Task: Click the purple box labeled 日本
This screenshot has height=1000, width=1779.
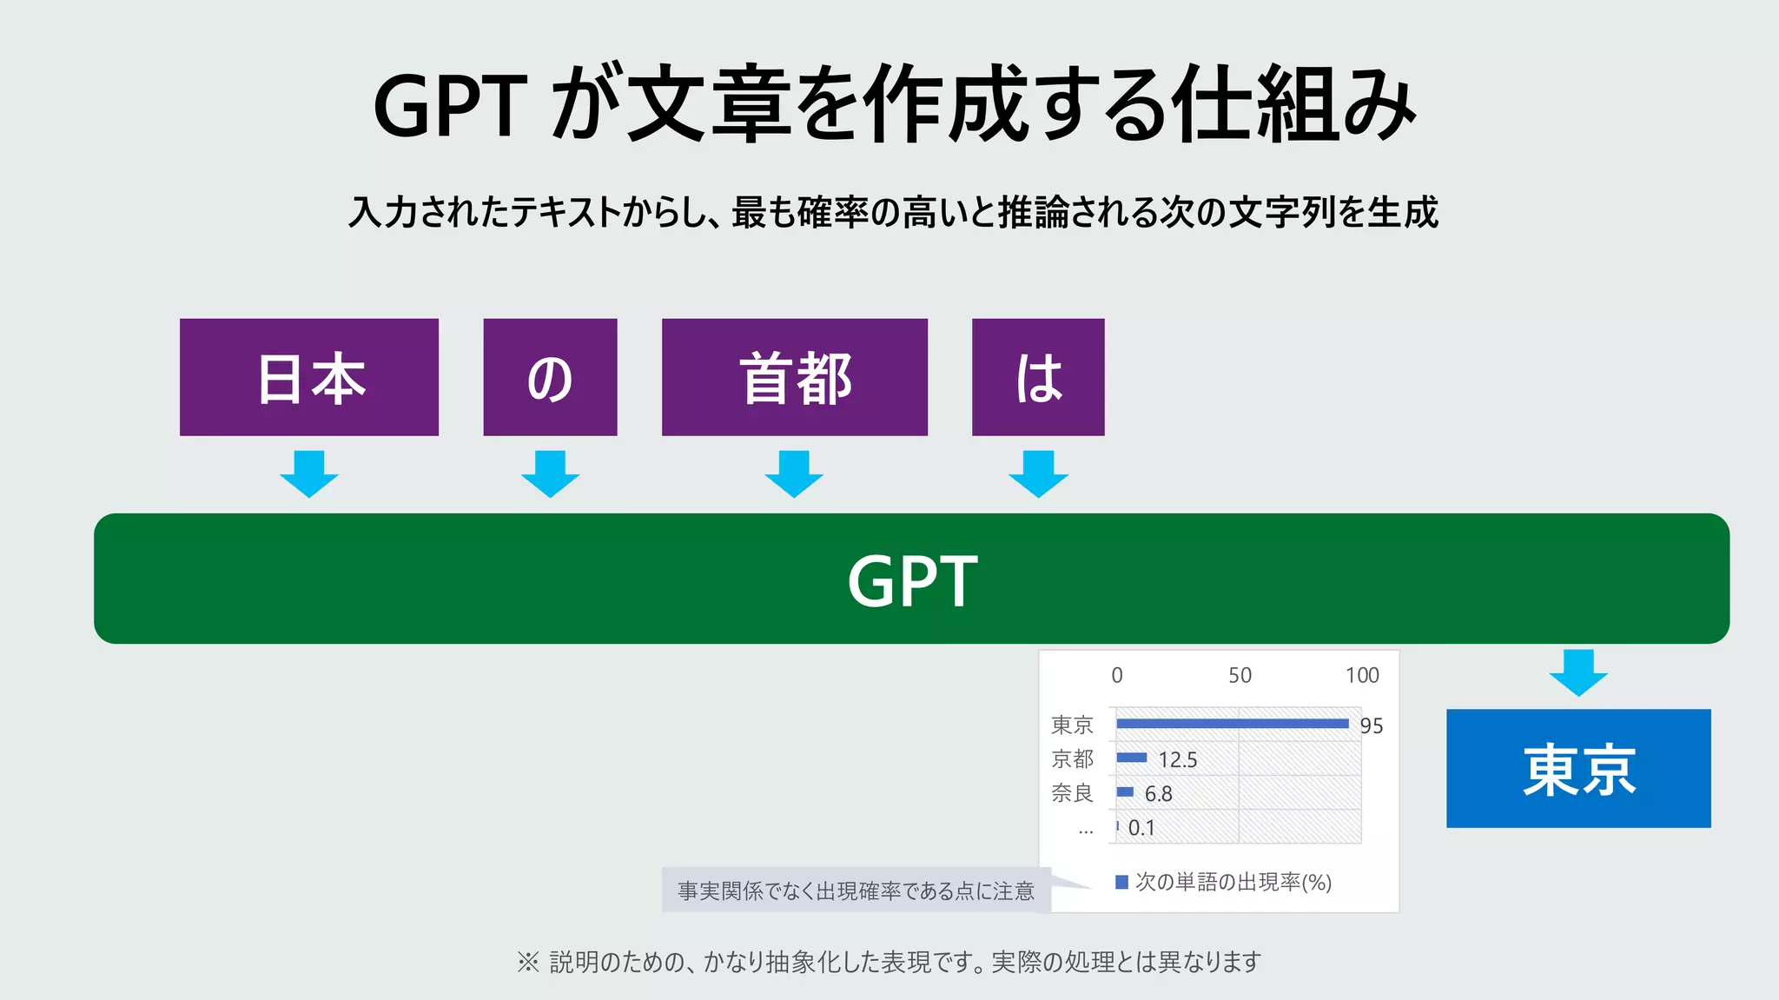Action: coord(309,377)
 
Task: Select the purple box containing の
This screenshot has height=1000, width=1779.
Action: coord(550,377)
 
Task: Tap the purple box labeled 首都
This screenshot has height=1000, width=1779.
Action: coord(794,377)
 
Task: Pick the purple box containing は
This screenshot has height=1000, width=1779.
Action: coord(1038,377)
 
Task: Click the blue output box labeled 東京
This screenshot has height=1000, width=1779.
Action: coord(1578,768)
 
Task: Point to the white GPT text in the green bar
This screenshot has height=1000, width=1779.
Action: coord(912,580)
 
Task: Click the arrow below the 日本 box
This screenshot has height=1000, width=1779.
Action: coord(309,474)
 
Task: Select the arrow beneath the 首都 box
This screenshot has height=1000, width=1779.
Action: coord(794,474)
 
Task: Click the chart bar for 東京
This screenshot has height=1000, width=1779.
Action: coord(1232,724)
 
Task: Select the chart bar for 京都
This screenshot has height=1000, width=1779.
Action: coord(1131,758)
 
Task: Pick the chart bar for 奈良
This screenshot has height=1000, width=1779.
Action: coord(1125,791)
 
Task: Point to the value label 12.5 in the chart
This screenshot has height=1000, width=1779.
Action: coord(1178,760)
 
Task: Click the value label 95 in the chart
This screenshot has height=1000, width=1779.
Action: coord(1372,725)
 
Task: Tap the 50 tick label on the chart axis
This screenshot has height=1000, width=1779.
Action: coord(1240,675)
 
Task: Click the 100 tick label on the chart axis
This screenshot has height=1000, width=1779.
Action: coord(1362,675)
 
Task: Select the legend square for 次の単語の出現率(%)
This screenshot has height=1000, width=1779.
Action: coord(1121,883)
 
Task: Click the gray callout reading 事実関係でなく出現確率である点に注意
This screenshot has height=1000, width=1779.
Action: coord(856,891)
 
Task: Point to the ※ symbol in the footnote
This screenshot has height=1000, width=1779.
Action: coord(527,962)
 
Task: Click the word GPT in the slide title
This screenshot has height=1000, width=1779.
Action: coord(450,106)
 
